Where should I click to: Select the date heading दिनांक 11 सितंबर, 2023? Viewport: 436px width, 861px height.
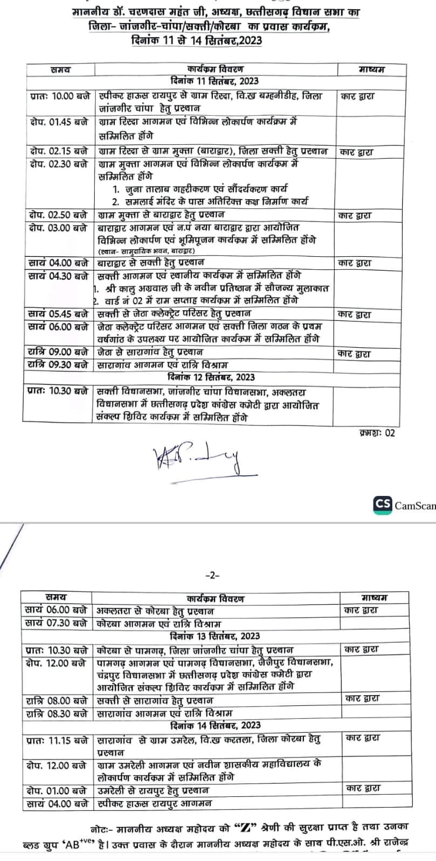pyautogui.click(x=213, y=81)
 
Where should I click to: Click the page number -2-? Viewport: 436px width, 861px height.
pyautogui.click(x=212, y=575)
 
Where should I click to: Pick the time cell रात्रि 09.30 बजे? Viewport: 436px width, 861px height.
pyautogui.click(x=57, y=365)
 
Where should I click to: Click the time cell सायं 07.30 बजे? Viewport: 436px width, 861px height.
pyautogui.click(x=56, y=623)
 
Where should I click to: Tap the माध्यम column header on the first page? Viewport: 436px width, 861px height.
pyautogui.click(x=371, y=69)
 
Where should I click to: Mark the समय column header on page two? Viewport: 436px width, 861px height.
pyautogui.click(x=56, y=597)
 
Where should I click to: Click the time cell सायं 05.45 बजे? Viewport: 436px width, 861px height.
pyautogui.click(x=58, y=313)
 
